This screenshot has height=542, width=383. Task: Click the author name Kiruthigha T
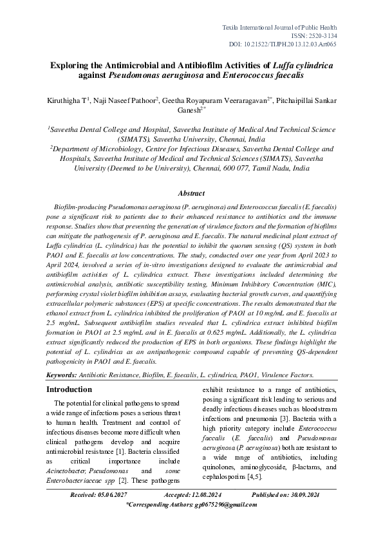[x=69, y=100]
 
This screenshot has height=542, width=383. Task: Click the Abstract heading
[x=191, y=193]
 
